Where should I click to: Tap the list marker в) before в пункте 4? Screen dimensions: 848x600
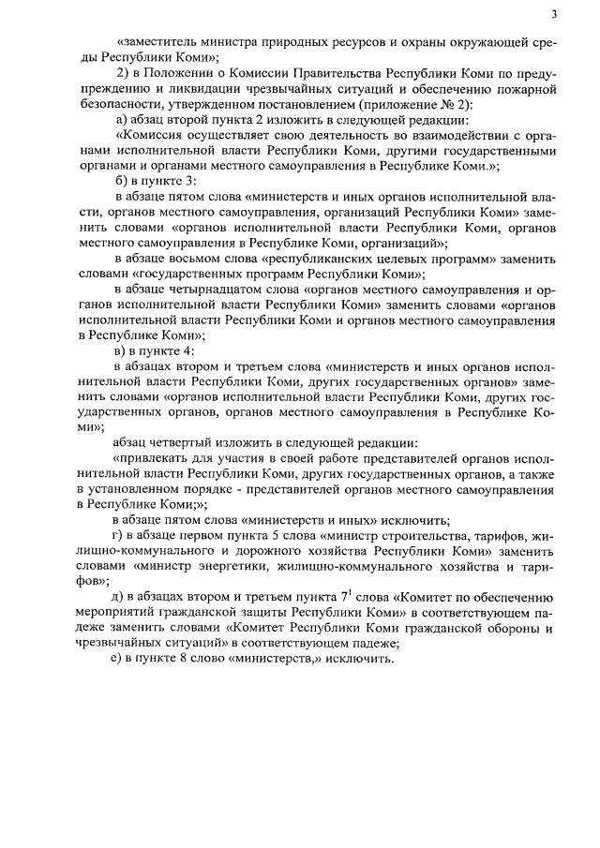119,350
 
